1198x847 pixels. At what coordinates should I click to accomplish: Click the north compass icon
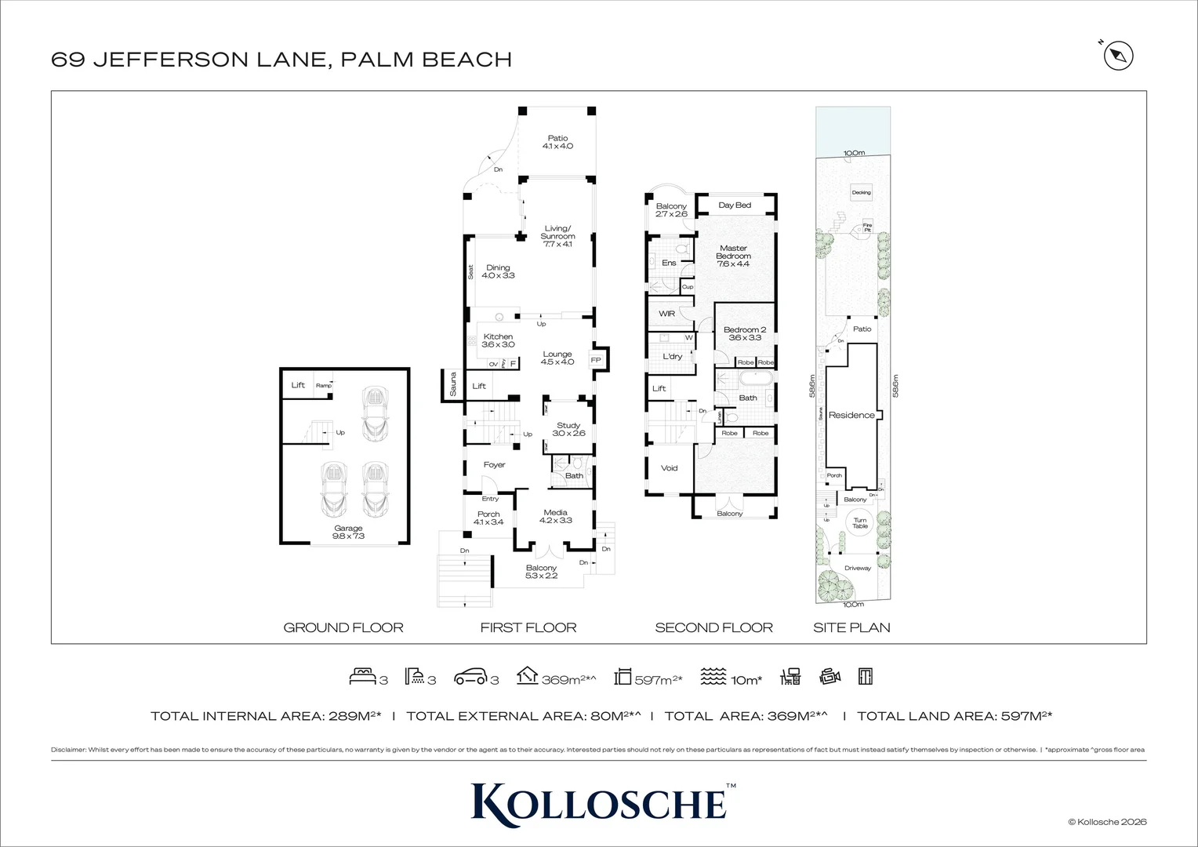pos(1119,56)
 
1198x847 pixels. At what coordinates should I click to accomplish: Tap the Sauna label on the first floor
pos(452,385)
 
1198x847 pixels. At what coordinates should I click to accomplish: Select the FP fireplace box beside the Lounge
pos(596,360)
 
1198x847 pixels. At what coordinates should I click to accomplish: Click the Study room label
pos(568,429)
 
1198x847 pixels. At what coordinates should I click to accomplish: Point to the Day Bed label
pos(735,205)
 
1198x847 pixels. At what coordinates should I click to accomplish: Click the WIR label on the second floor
pos(666,314)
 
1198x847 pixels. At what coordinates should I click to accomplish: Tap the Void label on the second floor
pos(669,468)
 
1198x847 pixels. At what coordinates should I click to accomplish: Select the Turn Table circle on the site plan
pos(860,522)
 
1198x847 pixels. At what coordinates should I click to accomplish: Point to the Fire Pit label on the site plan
pos(867,227)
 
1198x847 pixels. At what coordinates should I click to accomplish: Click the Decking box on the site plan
pos(861,192)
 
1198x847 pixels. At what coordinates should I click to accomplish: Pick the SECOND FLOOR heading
pos(713,627)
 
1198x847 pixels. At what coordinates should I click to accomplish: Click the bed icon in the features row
pos(362,676)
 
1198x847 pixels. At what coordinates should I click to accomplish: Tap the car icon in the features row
pos(470,676)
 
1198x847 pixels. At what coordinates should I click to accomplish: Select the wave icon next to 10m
pos(713,676)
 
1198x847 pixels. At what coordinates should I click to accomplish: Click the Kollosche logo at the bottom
pos(599,802)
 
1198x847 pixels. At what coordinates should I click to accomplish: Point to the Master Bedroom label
pos(733,256)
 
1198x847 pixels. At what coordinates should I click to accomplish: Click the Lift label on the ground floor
pos(298,385)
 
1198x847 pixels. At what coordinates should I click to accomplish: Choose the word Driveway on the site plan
pos(858,568)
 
